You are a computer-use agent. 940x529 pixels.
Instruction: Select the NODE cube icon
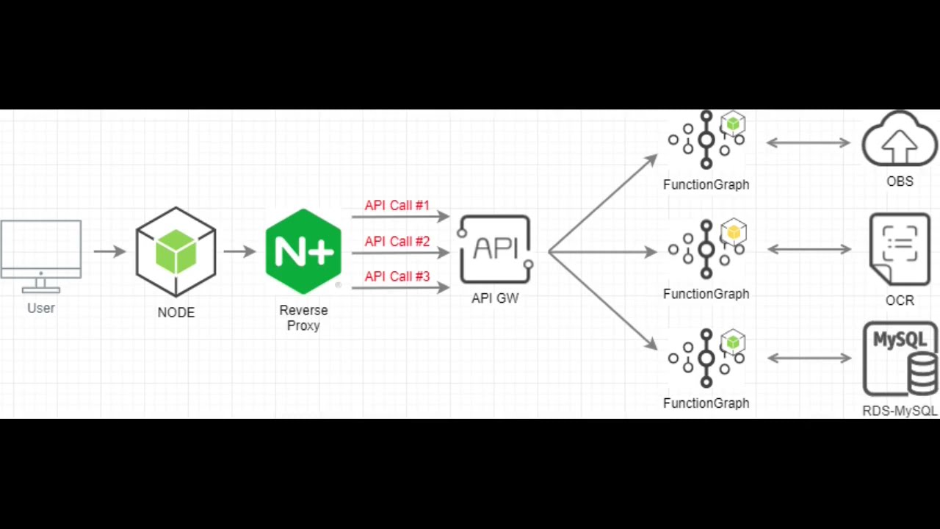176,252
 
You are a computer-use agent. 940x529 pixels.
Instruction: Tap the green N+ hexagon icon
303,251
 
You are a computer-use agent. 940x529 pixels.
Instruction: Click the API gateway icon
495,250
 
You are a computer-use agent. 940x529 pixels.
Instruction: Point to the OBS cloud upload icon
900,141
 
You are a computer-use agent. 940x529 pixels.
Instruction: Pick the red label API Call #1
397,206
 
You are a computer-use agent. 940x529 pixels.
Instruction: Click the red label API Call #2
397,241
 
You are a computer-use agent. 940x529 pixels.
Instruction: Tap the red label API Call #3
397,276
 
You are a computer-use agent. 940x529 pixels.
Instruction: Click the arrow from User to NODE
110,251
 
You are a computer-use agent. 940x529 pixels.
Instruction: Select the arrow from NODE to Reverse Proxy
239,251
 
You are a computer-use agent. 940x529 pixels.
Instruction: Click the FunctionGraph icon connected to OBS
706,140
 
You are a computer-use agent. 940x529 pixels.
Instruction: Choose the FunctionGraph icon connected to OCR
706,250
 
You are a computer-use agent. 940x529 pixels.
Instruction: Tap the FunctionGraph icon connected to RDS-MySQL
706,359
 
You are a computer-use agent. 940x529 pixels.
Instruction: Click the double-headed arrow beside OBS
808,143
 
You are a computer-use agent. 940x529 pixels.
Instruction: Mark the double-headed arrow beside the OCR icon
808,250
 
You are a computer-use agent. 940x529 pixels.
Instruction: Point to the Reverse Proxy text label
303,317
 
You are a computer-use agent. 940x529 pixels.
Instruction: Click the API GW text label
495,298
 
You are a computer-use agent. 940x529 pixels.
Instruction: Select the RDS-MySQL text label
900,411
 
